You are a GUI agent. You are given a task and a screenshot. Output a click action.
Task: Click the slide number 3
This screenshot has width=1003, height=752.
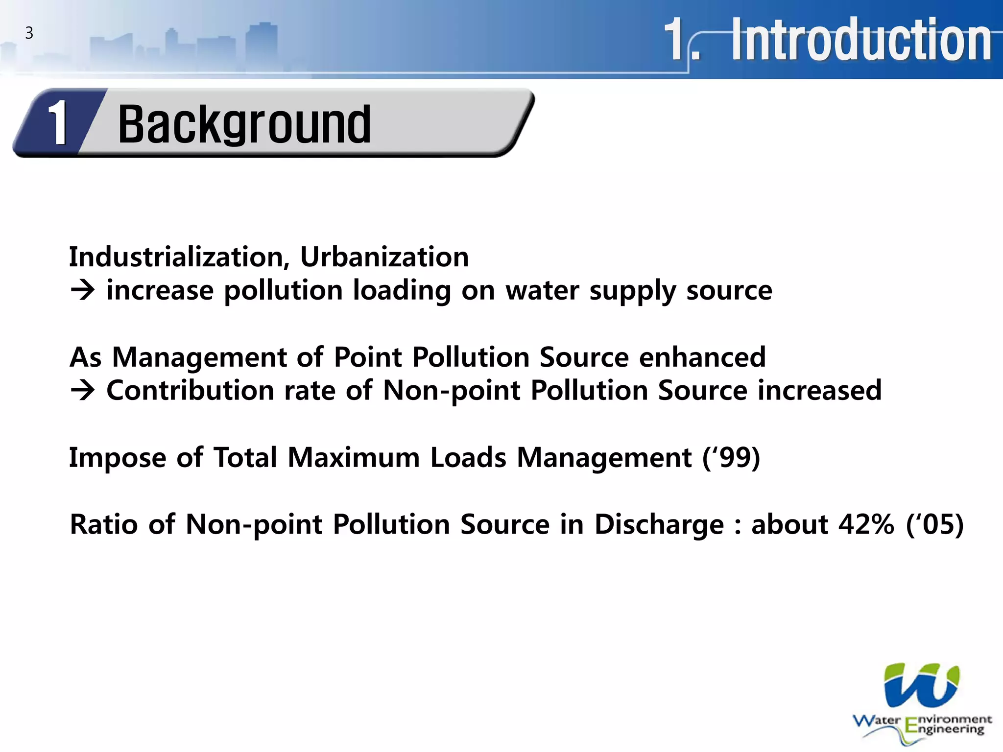[x=29, y=33]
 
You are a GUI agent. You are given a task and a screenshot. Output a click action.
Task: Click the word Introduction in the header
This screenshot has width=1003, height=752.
[x=861, y=40]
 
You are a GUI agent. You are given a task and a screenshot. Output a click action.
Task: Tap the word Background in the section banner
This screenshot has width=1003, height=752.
[x=244, y=125]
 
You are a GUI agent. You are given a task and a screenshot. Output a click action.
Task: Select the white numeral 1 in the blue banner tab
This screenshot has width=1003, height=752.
[x=59, y=123]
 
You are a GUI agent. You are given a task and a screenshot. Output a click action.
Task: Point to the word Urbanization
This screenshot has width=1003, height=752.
[x=384, y=257]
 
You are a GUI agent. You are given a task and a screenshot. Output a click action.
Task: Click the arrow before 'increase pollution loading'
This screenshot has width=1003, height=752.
[x=82, y=290]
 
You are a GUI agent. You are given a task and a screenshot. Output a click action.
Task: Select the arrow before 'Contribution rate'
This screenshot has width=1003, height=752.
[x=82, y=390]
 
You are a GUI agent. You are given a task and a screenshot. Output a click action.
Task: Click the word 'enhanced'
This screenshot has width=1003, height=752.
[x=702, y=357]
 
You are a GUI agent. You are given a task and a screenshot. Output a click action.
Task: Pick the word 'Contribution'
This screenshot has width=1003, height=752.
[x=190, y=390]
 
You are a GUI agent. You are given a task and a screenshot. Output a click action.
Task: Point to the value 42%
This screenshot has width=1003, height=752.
[x=866, y=524]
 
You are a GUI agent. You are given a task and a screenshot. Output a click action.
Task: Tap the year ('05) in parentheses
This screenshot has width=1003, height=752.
[x=934, y=524]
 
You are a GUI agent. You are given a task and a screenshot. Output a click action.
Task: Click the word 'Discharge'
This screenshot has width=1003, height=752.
[x=659, y=525]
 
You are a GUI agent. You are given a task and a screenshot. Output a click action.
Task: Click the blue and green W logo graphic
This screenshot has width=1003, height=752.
[x=921, y=685]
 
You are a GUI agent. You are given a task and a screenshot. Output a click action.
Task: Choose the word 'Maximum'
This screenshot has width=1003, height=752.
[x=353, y=457]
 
